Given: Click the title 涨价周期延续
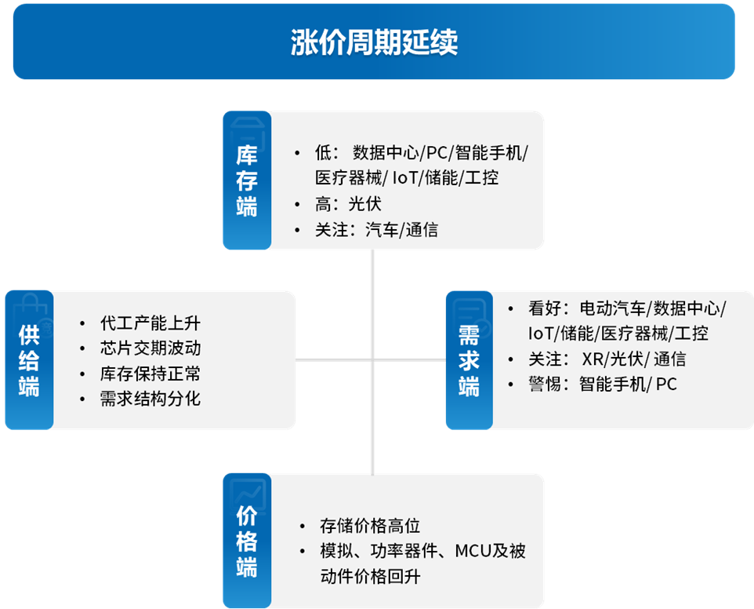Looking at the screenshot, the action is coord(374,42).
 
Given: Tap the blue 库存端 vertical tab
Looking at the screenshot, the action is coord(247,180).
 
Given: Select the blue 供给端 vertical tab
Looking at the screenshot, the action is coord(29,359).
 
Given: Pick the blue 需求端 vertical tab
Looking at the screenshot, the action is coord(469,359).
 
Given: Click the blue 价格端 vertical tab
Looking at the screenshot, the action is coord(247,540).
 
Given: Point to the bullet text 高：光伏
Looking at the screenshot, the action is coord(348,203).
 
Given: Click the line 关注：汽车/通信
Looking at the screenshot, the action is coord(376,230).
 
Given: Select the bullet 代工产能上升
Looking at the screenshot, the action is coord(150,323).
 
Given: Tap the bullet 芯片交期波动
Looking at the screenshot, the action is coord(150,348).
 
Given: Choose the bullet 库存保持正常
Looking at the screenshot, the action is coord(150,373).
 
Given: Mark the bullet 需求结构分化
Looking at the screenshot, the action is coord(150,398).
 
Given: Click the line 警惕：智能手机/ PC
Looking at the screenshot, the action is coord(603,384).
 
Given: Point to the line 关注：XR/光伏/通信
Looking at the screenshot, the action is coord(607,359).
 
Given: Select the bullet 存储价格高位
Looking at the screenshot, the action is coord(370,525).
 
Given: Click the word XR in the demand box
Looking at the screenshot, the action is coord(593,359).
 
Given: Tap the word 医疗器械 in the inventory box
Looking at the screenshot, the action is coord(348,177).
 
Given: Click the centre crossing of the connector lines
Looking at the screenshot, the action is coord(372,359).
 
